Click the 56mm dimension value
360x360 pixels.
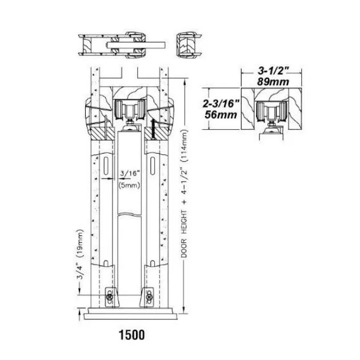click(221, 114)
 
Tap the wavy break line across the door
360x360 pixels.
click(130, 214)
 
